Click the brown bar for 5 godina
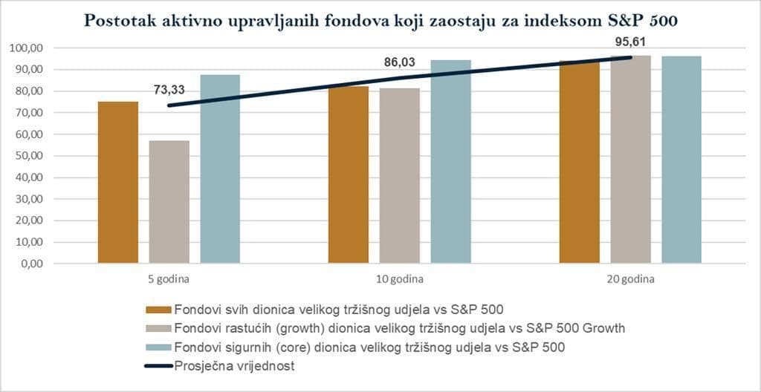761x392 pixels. point(118,183)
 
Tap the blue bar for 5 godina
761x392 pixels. point(220,169)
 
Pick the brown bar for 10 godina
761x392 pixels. point(349,175)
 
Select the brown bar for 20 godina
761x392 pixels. point(580,163)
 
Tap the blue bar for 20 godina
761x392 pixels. point(681,160)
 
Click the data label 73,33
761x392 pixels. point(169,91)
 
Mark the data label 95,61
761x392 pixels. point(630,42)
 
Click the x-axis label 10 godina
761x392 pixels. point(400,280)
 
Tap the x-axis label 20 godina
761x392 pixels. point(630,280)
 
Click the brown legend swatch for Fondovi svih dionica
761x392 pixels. point(158,310)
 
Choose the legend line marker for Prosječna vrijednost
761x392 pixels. point(158,365)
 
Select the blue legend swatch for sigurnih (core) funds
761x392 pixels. point(158,346)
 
